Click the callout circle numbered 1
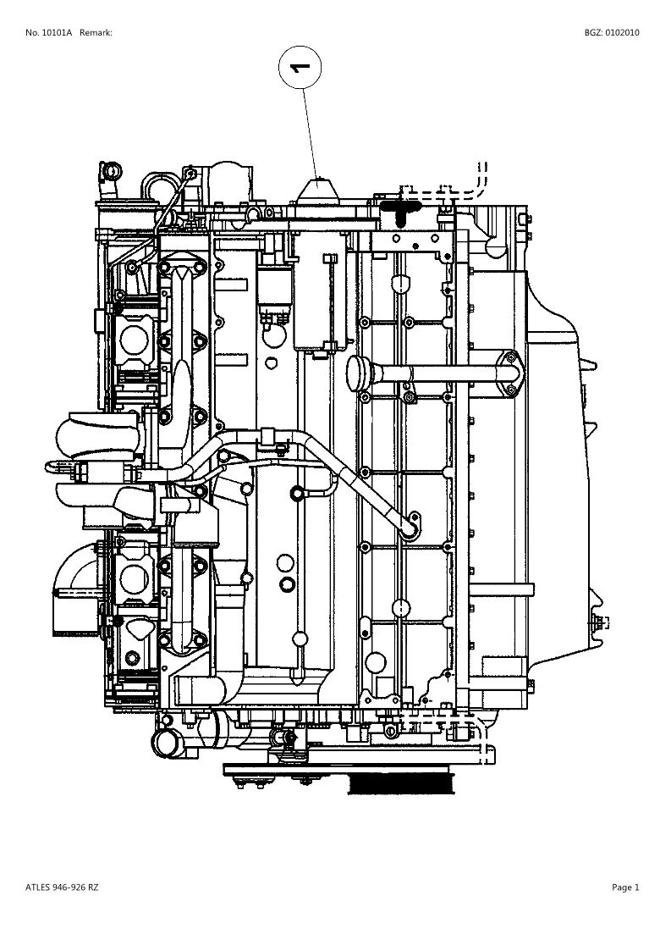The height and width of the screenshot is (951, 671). (300, 68)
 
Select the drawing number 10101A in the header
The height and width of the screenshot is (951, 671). (57, 33)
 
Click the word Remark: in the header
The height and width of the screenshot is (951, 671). (96, 33)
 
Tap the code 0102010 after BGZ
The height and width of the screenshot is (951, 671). (622, 33)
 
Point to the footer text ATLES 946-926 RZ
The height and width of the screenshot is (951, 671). (62, 887)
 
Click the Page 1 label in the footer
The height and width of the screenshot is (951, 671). (625, 887)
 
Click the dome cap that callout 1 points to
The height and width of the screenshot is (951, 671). (318, 191)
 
